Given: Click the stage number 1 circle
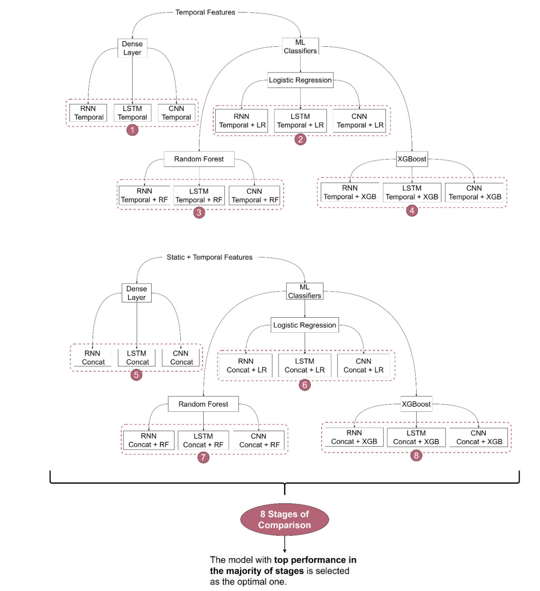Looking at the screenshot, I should (132, 130).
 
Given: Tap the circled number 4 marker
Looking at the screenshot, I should (412, 211).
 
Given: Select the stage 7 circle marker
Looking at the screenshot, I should (203, 457).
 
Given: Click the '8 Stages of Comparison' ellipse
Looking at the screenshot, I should (284, 520).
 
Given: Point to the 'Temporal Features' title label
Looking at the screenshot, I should (205, 12).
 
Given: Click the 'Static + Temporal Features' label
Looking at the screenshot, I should (209, 257).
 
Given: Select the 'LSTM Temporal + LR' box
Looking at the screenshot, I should (300, 121).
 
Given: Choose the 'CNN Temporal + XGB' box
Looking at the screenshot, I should (474, 193).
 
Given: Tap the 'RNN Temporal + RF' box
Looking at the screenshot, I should (144, 195).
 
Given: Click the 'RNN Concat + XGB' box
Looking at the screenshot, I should (354, 437).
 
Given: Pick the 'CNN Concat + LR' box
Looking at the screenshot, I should (363, 365).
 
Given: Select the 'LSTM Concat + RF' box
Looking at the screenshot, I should (203, 440).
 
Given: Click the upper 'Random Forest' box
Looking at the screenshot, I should (199, 159).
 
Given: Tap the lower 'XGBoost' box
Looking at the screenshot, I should (416, 404).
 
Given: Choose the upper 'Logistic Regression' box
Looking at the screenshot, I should (300, 80).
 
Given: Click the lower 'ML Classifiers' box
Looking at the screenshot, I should (305, 291).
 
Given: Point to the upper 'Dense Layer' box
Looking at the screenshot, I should (132, 48).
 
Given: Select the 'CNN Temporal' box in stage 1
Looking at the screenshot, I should (176, 113).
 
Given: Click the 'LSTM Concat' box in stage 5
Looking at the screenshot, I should (137, 358).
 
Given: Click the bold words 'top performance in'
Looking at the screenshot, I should (315, 560).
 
